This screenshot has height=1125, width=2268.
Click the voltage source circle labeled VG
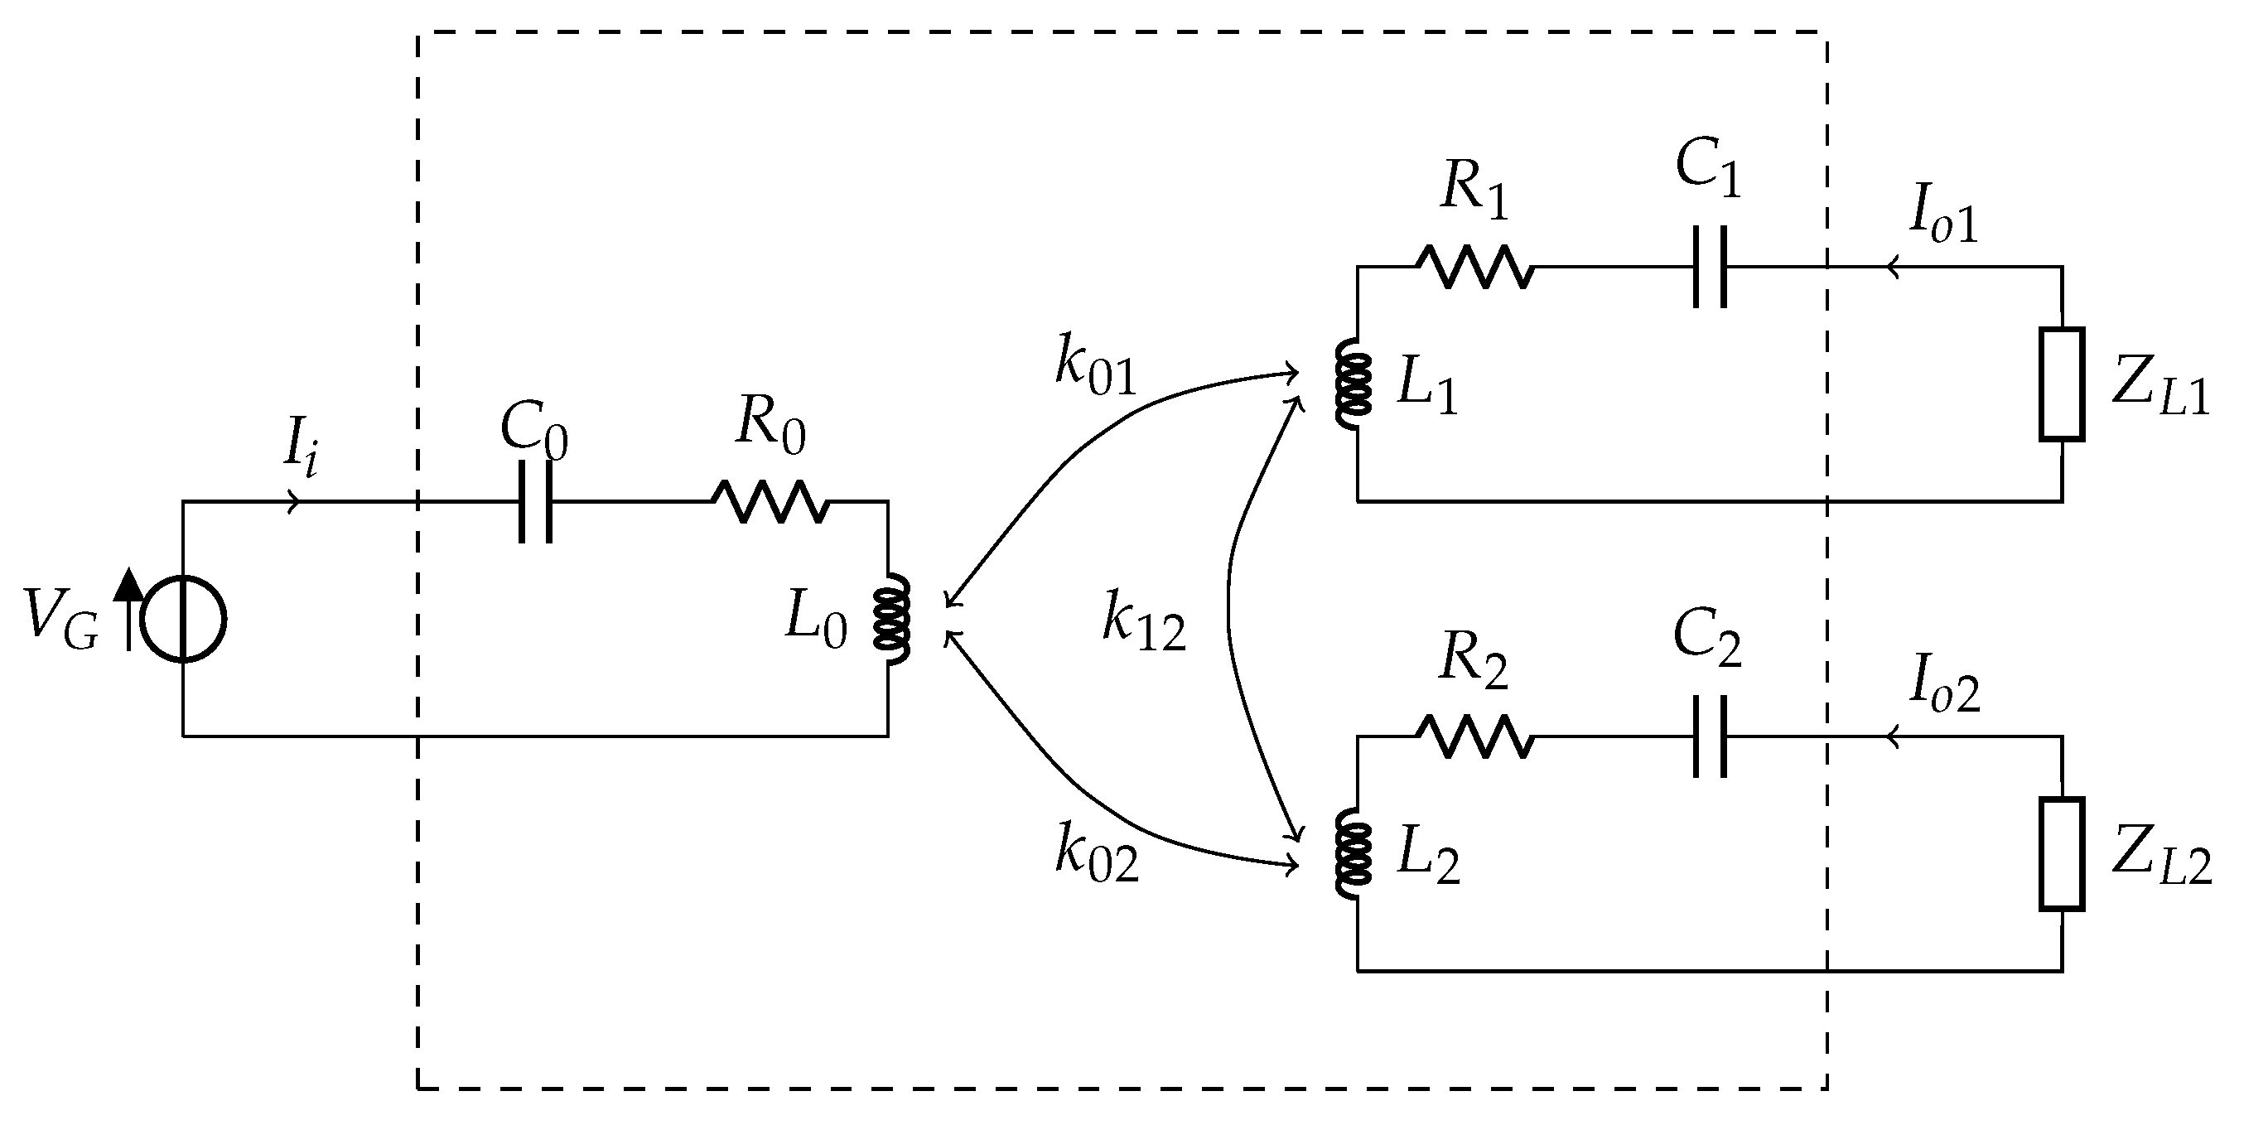tap(183, 620)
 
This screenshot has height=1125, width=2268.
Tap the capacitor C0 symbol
tap(535, 502)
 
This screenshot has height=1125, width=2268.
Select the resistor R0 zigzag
tap(770, 502)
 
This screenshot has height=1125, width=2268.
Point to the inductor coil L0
tap(891, 620)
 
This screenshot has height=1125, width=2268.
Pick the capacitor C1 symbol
tap(1710, 267)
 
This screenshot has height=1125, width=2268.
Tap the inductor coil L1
tap(1354, 384)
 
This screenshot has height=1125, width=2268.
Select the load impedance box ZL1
tap(2062, 384)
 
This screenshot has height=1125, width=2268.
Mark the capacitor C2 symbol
tap(1710, 736)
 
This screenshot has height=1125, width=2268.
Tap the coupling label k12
tap(1144, 622)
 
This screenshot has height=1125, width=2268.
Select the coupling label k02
tap(1097, 854)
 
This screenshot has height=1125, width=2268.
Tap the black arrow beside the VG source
tap(129, 607)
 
